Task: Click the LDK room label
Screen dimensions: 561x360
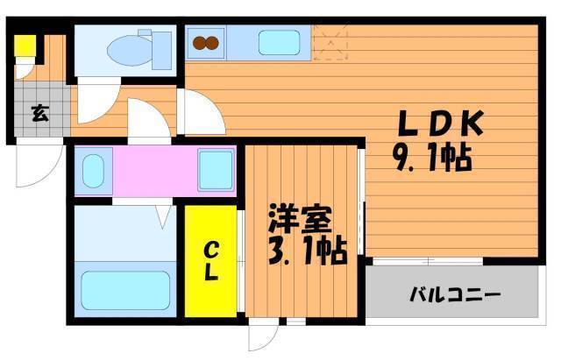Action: coord(441,123)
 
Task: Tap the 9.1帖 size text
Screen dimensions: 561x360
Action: coord(432,159)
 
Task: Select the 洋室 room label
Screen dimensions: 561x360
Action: coord(300,218)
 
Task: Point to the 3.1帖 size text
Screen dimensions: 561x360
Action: coord(308,251)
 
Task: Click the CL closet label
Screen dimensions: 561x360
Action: coord(211,261)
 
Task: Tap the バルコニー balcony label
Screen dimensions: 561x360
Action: coord(455,295)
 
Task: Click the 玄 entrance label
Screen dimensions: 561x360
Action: coord(40,114)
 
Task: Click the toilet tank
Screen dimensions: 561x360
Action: coord(161,51)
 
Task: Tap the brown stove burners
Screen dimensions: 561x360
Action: coord(206,43)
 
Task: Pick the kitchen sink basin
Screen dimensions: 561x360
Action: coord(279,43)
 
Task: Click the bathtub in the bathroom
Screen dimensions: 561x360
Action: coord(125,290)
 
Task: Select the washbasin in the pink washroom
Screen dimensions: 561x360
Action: coord(93,171)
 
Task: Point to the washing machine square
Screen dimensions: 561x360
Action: coord(216,171)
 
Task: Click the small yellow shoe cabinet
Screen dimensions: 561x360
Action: coord(25,46)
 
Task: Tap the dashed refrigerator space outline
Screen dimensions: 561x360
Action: coord(330,43)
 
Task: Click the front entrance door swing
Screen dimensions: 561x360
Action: coord(39,162)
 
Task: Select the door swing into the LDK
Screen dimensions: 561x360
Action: coord(201,112)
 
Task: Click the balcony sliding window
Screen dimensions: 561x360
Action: coord(428,261)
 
